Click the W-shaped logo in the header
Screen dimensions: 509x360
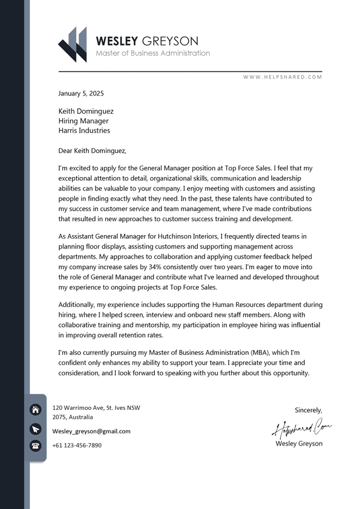click(73, 45)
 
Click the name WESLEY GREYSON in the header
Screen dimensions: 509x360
click(147, 41)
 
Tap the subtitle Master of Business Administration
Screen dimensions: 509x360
click(153, 53)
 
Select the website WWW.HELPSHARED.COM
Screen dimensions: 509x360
click(283, 77)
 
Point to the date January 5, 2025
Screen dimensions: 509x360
click(81, 94)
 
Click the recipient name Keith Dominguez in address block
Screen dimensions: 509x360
click(86, 111)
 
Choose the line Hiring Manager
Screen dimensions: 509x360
click(83, 121)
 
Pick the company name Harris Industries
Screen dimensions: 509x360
click(84, 131)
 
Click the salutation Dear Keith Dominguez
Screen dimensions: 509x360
click(92, 151)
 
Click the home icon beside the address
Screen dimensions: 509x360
click(36, 410)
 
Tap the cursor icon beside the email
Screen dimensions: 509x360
click(36, 429)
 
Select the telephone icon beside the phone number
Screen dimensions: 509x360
click(36, 446)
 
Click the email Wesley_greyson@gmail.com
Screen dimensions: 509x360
click(91, 431)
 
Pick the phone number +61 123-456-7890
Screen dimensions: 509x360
click(77, 446)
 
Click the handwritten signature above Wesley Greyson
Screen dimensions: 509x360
click(302, 429)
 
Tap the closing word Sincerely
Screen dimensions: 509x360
click(309, 410)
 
